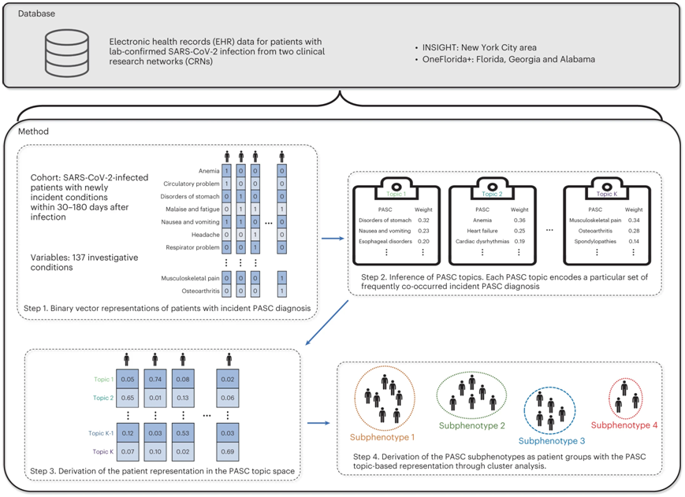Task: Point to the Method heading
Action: coord(34,132)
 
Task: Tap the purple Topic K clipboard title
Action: coord(606,194)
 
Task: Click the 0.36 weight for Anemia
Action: coord(519,221)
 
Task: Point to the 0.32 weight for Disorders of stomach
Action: coord(422,221)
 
